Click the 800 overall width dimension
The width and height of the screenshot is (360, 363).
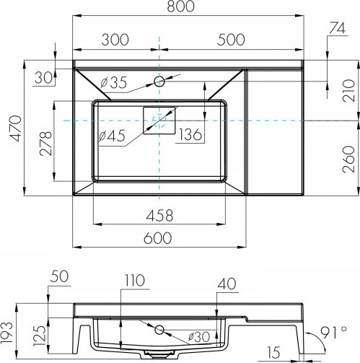pos(180,6)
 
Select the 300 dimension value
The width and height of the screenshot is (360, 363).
pos(115,40)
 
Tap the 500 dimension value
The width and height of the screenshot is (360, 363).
pos(231,40)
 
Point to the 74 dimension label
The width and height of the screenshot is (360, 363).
pos(337,28)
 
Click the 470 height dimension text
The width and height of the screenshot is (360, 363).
pos(16,128)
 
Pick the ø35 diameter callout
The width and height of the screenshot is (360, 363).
pos(113,83)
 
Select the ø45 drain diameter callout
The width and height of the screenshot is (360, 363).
pos(112,136)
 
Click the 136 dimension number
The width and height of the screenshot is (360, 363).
pos(190,134)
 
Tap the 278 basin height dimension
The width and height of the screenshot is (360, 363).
pos(46,144)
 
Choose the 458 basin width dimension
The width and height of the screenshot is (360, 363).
pos(159,216)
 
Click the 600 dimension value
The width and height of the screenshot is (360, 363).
pos(158,238)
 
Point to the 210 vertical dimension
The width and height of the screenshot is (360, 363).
pos(349,91)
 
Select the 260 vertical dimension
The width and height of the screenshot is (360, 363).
pos(349,159)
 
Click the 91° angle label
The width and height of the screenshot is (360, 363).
pos(334,333)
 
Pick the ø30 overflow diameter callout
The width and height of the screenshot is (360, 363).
pos(199,337)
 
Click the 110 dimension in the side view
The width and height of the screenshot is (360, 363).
pos(135,280)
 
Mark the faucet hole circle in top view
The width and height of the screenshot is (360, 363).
pos(159,81)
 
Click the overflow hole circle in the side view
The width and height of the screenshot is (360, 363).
pos(159,330)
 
